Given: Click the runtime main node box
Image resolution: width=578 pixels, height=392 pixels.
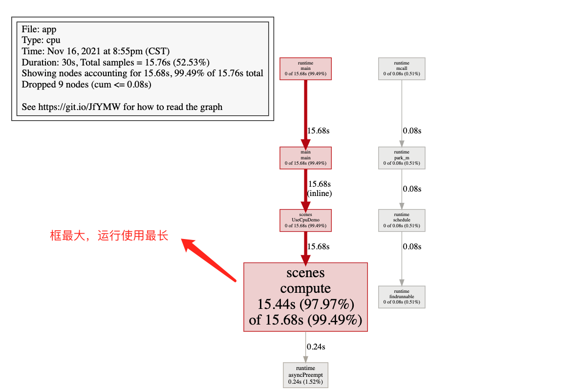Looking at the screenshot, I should (x=305, y=68).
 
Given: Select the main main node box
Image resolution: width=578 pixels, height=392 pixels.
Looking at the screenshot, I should (x=305, y=158).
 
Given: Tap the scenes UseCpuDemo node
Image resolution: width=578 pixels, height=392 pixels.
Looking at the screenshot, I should (x=305, y=220).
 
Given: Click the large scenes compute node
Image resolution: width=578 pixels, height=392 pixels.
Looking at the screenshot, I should (x=305, y=297).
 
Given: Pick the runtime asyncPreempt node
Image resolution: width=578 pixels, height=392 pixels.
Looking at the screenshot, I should (x=305, y=375).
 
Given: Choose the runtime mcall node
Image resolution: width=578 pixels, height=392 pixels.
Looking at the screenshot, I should (x=402, y=68).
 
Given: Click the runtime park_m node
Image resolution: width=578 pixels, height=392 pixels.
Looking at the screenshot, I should (x=402, y=158).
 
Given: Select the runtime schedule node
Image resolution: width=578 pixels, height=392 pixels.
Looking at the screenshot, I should (x=402, y=220).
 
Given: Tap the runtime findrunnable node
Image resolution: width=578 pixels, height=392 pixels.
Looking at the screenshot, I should (x=402, y=297).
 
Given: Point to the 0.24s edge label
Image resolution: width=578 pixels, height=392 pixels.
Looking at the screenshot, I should (x=316, y=347).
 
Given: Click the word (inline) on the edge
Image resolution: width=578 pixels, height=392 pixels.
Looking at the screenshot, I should (x=320, y=194).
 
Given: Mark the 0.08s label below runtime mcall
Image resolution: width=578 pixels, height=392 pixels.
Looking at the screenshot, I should (x=412, y=131).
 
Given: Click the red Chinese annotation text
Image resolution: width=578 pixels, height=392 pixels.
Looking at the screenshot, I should (x=109, y=236).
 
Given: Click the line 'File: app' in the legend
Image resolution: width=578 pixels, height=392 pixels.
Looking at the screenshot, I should (x=39, y=29).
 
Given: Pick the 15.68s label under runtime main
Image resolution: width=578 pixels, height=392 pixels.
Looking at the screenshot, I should (x=318, y=131).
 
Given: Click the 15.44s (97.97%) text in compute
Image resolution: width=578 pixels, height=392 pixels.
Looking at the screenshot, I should (x=305, y=304).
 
